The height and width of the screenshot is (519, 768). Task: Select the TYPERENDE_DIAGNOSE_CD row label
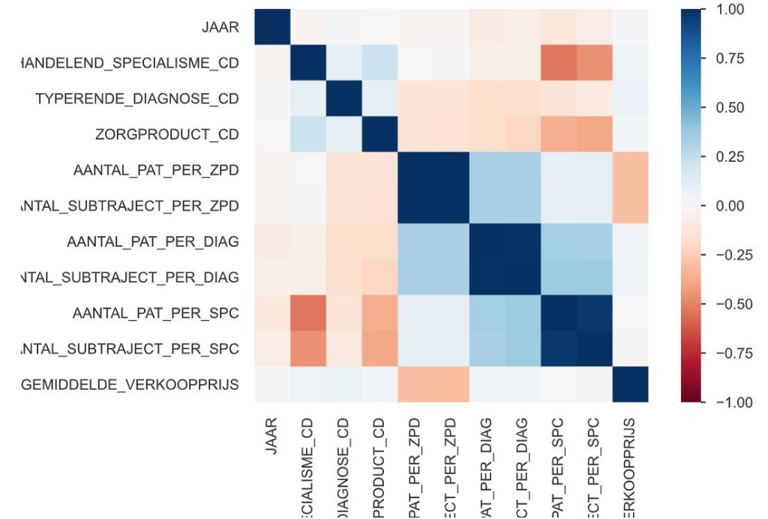(x=137, y=99)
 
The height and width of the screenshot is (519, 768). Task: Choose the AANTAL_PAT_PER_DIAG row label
(x=153, y=241)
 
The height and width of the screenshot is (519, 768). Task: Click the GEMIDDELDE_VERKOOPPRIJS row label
(x=130, y=385)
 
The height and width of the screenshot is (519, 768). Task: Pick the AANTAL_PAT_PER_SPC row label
(x=156, y=313)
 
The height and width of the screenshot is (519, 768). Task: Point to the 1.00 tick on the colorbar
(x=730, y=10)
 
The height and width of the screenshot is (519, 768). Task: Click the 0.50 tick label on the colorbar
(x=730, y=108)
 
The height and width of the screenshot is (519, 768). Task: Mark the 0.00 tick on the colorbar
(x=730, y=206)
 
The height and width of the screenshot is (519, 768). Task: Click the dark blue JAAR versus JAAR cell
(x=272, y=28)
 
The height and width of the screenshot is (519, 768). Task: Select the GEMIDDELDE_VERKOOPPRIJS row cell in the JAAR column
(x=272, y=385)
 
